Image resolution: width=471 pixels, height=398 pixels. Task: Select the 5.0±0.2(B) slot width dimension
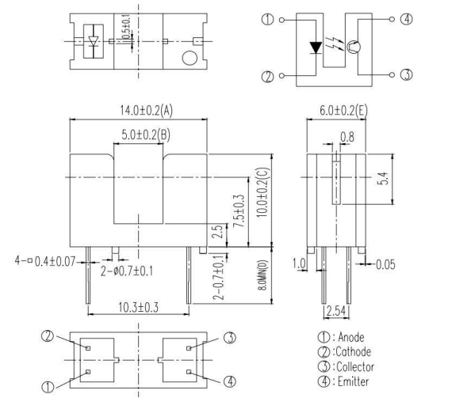click(x=140, y=135)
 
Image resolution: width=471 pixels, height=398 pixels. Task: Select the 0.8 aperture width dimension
click(x=347, y=136)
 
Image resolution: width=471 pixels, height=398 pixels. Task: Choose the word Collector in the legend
click(x=359, y=366)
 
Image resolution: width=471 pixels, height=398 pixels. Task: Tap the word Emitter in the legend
click(x=356, y=381)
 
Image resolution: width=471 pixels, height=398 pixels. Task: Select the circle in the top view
click(x=189, y=59)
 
